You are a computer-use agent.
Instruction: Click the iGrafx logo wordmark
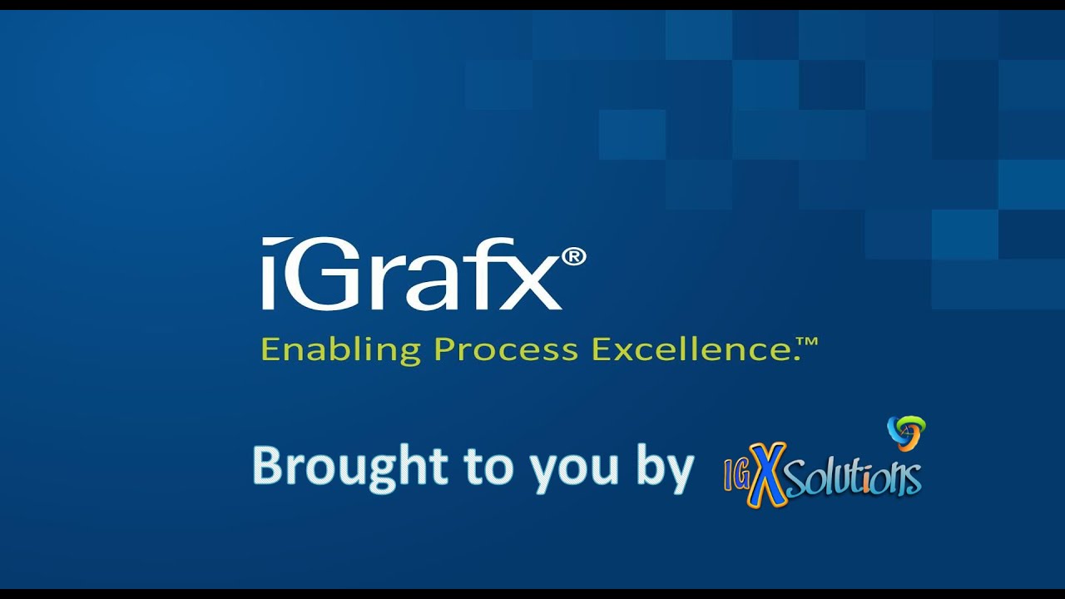pos(411,275)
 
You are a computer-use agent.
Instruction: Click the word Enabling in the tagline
pos(340,349)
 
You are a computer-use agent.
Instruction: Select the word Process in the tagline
pos(506,349)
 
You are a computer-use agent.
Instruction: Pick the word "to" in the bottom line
pos(488,468)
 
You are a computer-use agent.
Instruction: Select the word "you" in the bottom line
pos(565,470)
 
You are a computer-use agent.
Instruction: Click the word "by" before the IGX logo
pos(666,470)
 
